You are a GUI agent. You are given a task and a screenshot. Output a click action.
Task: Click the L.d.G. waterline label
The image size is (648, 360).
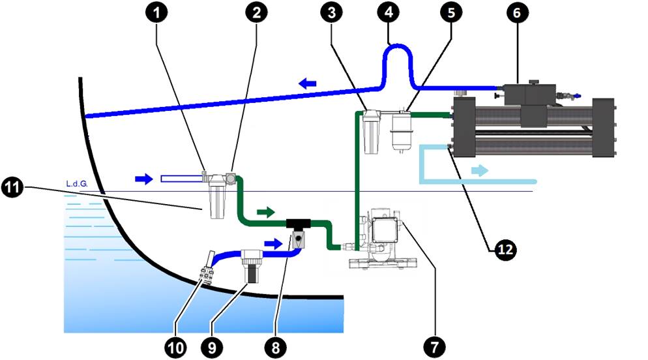click(76, 185)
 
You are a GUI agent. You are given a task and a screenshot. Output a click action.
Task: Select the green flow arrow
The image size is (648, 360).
click(265, 211)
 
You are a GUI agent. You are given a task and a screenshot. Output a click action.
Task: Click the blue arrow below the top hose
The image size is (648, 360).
click(308, 83)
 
